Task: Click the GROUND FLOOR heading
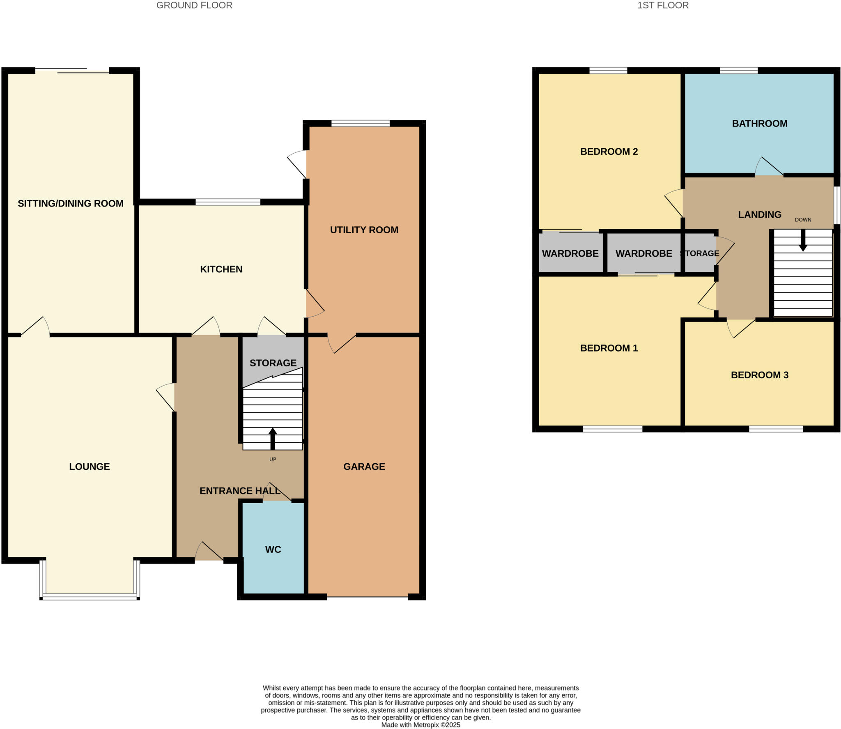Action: tap(194, 5)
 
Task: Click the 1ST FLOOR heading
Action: tap(663, 5)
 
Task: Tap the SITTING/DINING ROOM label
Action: tap(70, 203)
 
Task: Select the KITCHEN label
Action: tap(221, 269)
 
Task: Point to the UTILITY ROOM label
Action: tap(364, 230)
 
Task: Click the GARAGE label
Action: tap(364, 466)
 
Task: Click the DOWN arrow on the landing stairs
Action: tap(803, 240)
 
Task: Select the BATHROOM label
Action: tap(759, 123)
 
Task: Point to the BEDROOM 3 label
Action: tap(759, 375)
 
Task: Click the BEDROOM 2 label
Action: tap(609, 152)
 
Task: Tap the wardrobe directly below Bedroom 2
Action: tap(570, 253)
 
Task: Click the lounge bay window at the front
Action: tap(90, 598)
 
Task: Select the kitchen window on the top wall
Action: tap(228, 202)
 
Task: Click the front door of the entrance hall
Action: tap(209, 552)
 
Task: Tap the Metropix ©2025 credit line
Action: tap(420, 725)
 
